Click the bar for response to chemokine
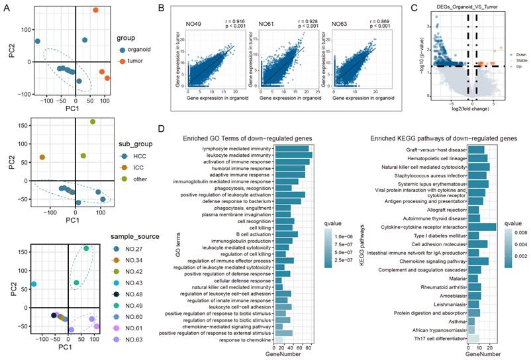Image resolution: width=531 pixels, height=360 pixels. tap(278, 339)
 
